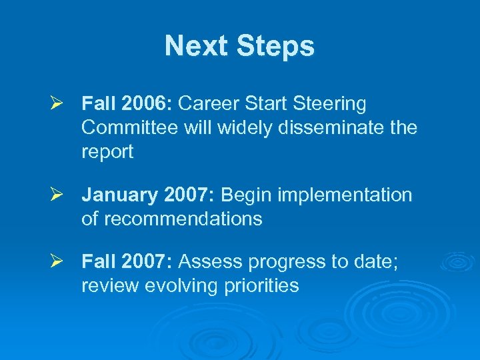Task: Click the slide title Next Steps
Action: pyautogui.click(x=239, y=46)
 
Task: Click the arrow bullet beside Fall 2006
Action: pyautogui.click(x=56, y=104)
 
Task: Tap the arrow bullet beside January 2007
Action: pyautogui.click(x=56, y=195)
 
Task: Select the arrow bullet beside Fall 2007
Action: pyautogui.click(x=56, y=262)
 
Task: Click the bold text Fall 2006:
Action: pyautogui.click(x=127, y=104)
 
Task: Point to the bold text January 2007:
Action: pyautogui.click(x=148, y=195)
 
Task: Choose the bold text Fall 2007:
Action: pyautogui.click(x=127, y=262)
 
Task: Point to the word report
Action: pyautogui.click(x=107, y=153)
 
